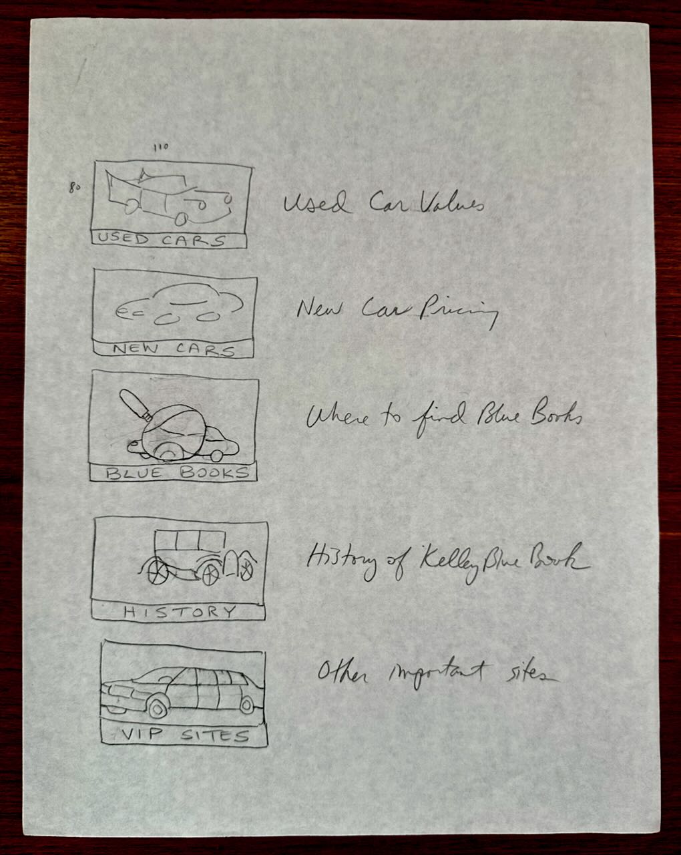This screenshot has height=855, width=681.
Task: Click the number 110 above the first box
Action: coord(161,148)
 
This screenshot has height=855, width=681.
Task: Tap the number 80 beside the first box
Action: coord(74,187)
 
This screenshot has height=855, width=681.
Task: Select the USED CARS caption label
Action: coord(162,240)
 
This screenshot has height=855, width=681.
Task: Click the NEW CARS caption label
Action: coord(174,349)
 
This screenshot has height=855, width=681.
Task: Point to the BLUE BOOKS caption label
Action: coord(177,473)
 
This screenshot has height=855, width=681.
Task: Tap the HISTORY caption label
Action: coord(180,612)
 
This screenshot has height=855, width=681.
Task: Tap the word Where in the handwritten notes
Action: coord(338,417)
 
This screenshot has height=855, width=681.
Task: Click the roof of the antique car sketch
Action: coord(190,532)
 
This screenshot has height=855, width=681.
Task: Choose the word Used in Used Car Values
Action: coord(316,202)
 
